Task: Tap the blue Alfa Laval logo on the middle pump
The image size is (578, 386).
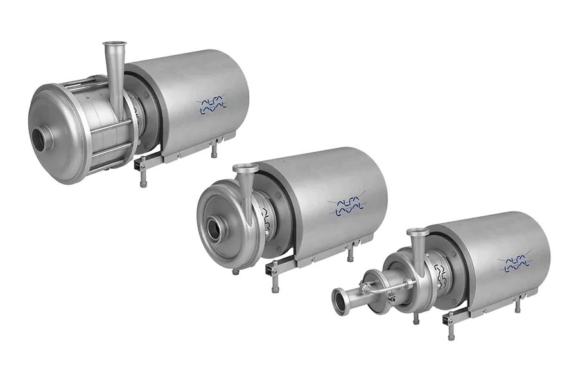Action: click(347, 205)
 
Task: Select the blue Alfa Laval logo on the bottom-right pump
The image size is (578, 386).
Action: click(515, 260)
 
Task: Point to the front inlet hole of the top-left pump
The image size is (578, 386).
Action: click(44, 136)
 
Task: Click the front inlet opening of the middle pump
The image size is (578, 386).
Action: click(218, 226)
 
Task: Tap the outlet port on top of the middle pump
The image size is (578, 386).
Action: click(243, 169)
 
